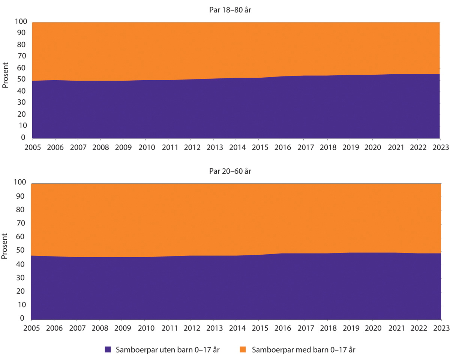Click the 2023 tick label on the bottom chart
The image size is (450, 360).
click(441, 327)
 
